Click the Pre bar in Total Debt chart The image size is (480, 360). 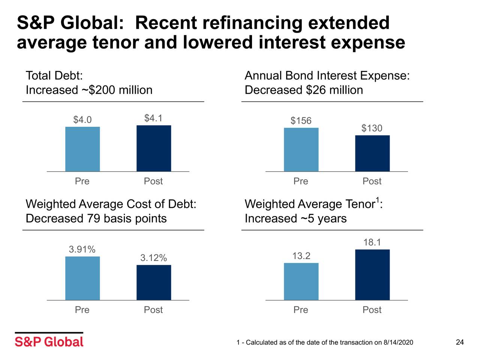coord(82,149)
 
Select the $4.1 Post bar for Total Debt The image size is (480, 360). coord(154,148)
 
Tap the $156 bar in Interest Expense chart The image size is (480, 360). coord(301,150)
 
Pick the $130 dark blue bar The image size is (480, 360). coord(372,153)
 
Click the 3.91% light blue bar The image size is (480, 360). coord(82,278)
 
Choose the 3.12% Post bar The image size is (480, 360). coord(154,282)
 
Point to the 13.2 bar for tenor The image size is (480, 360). coord(301,281)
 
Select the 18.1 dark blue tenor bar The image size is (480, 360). coord(372,274)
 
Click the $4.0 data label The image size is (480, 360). coord(82,120)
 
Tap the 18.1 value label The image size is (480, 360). coord(372,242)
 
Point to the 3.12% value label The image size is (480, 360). coord(153,258)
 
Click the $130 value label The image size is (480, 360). coord(372,128)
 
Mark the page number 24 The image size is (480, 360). coord(460,342)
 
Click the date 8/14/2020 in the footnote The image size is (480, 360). coord(398,342)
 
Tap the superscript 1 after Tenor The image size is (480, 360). coord(377,199)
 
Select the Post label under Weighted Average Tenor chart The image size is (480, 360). coord(372,310)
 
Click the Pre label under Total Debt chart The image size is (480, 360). coord(82,181)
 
